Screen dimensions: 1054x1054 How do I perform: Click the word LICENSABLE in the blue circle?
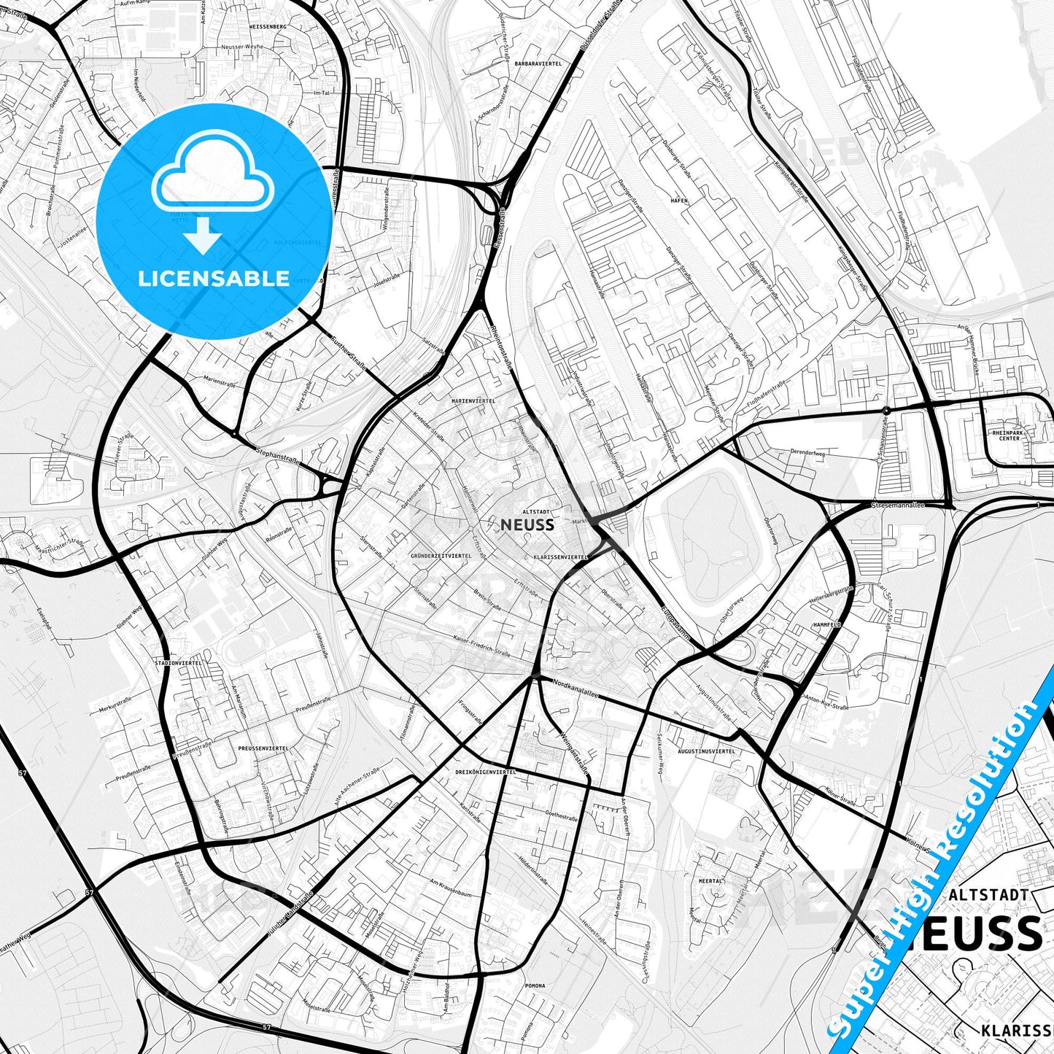213,279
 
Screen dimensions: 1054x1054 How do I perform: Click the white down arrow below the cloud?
204,236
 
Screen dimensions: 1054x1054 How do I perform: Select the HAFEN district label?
678,199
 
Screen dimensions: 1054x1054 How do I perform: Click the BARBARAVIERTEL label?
538,64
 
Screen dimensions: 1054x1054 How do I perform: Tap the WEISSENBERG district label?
268,26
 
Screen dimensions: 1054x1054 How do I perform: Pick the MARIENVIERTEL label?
473,401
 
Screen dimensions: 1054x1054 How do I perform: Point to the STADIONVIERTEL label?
179,662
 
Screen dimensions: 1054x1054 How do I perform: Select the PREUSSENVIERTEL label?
263,748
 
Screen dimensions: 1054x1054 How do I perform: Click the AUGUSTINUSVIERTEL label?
706,751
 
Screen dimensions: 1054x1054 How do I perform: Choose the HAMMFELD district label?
826,625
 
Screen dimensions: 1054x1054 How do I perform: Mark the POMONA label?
535,985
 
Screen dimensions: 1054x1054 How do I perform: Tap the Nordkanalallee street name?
576,689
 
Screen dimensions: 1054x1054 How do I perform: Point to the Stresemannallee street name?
898,505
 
